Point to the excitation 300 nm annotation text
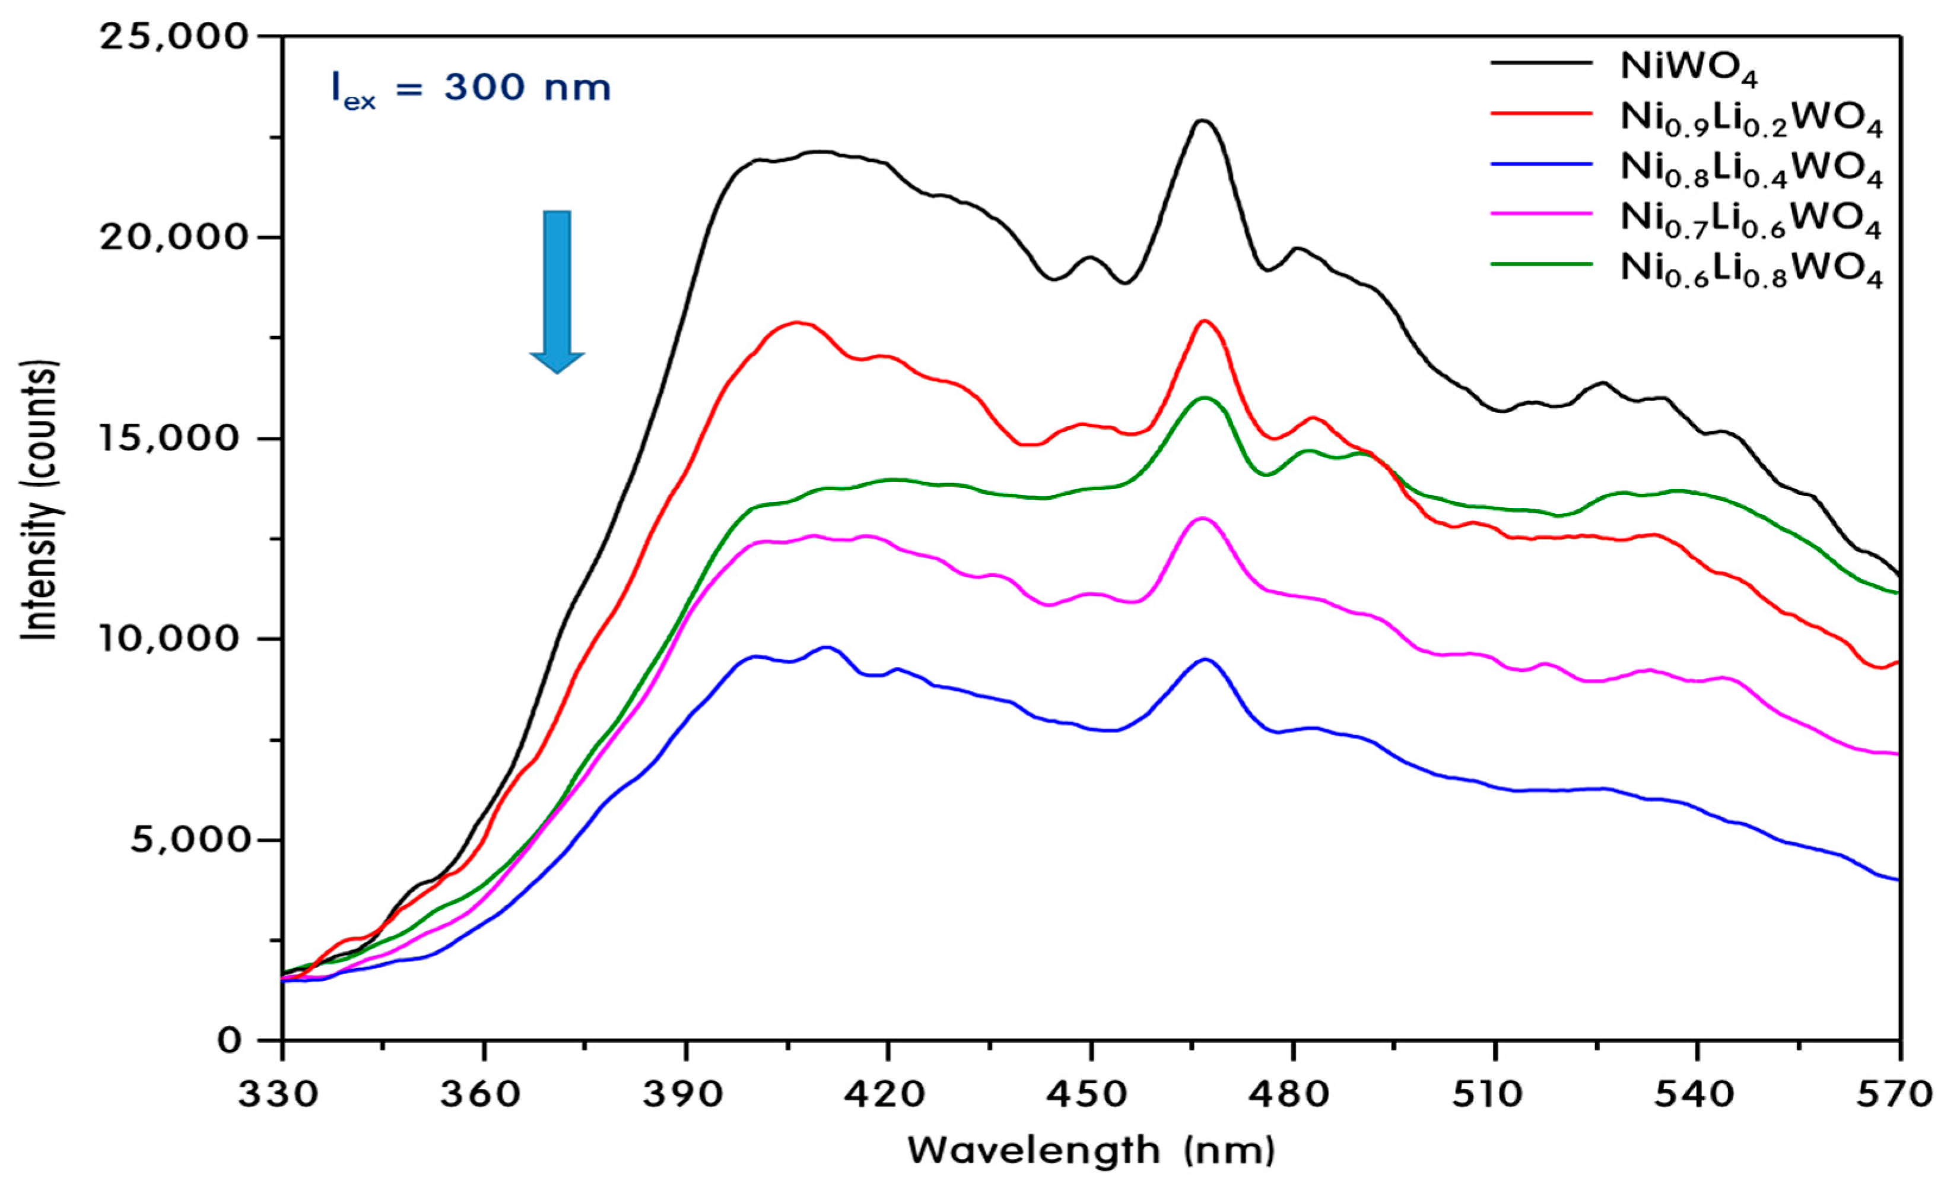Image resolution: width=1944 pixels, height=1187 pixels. (x=471, y=89)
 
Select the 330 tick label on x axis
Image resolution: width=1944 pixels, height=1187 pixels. (x=282, y=1093)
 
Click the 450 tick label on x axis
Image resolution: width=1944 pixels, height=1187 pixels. (x=1090, y=1093)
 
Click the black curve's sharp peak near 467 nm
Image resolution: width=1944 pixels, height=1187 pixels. (x=1202, y=120)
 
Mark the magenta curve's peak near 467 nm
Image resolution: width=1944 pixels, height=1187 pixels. (x=1202, y=519)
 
